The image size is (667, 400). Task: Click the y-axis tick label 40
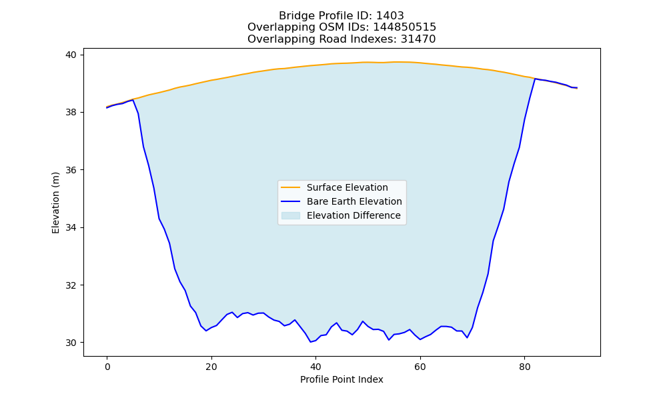(71, 55)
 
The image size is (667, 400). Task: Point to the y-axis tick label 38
(71, 113)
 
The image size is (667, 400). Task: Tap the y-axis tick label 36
(71, 170)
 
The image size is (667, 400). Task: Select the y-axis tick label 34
(71, 228)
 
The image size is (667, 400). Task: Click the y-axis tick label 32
(71, 285)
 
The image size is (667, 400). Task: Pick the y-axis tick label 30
(71, 343)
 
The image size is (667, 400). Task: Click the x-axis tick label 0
(107, 367)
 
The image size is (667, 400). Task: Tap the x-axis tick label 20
(211, 367)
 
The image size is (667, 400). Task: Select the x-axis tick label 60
(420, 367)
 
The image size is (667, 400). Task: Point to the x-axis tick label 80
(524, 367)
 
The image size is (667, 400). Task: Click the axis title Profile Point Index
(342, 379)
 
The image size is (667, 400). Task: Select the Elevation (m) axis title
(56, 203)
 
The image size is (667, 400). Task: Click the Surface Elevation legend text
(347, 187)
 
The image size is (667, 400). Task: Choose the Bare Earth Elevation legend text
(354, 201)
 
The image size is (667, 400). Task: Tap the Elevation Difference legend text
(354, 215)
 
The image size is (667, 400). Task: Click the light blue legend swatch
(291, 215)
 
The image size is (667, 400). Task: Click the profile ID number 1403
(390, 16)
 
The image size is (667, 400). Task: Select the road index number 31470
(418, 39)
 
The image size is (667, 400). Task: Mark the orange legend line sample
(291, 187)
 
